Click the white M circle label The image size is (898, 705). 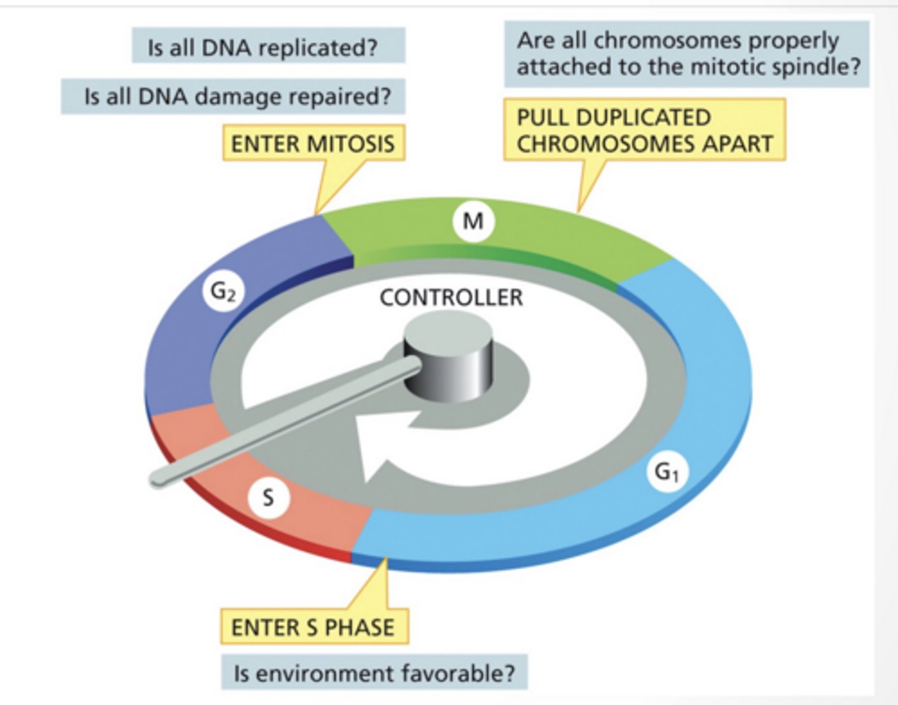(x=473, y=221)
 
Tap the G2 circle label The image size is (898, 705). (x=223, y=292)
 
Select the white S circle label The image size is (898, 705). (x=268, y=497)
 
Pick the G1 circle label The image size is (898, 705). (x=667, y=472)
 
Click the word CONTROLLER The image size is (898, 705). (x=451, y=298)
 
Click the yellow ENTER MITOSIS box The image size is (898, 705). (x=313, y=143)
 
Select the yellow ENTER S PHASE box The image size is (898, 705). (x=313, y=626)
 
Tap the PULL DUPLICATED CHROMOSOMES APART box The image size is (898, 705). (x=644, y=130)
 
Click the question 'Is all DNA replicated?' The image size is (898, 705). (x=268, y=47)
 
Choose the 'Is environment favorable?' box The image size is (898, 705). (x=374, y=673)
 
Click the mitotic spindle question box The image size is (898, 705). (x=686, y=54)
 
